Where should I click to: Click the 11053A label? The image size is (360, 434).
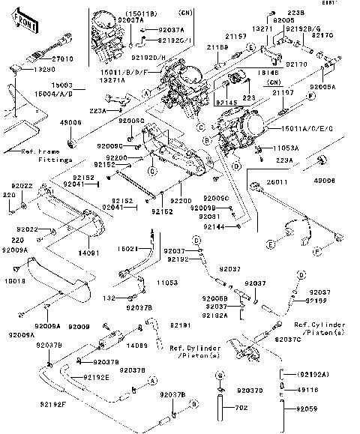pos(285,149)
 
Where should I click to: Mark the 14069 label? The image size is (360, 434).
pos(136,346)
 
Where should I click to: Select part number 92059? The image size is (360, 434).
pos(308,410)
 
